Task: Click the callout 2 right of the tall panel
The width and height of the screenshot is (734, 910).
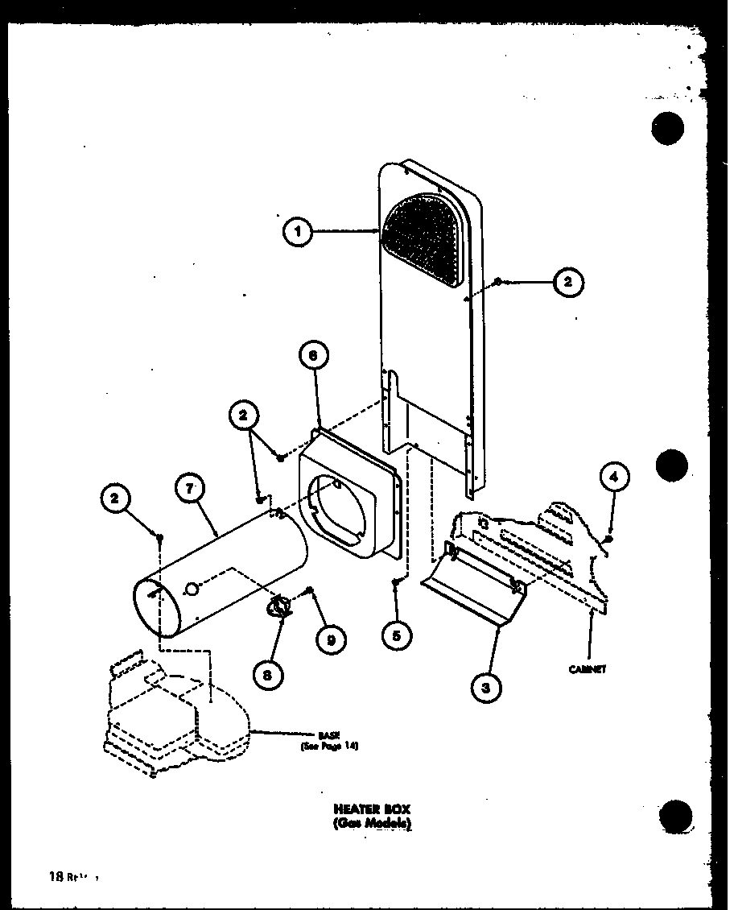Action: (567, 281)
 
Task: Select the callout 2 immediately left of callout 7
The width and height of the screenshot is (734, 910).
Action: (116, 499)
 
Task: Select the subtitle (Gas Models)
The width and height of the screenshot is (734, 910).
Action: (363, 823)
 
